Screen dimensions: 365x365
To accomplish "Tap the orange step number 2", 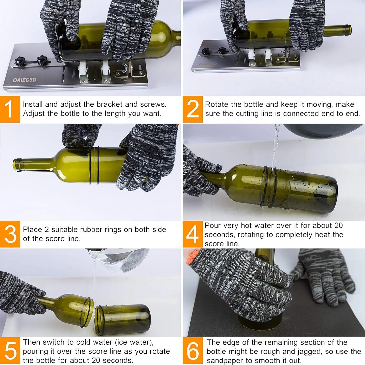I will pyautogui.click(x=192, y=109).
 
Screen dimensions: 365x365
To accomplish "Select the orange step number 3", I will pyautogui.click(x=10, y=234).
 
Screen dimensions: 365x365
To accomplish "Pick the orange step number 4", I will pyautogui.click(x=192, y=234).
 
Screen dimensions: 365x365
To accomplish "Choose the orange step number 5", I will pyautogui.click(x=10, y=351).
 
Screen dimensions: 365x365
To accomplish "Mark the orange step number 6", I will pyautogui.click(x=192, y=351).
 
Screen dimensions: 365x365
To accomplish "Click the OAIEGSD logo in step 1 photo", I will pyautogui.click(x=25, y=80).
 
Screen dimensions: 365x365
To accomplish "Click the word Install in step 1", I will pyautogui.click(x=33, y=104).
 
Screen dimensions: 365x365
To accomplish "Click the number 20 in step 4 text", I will pyautogui.click(x=338, y=225).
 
